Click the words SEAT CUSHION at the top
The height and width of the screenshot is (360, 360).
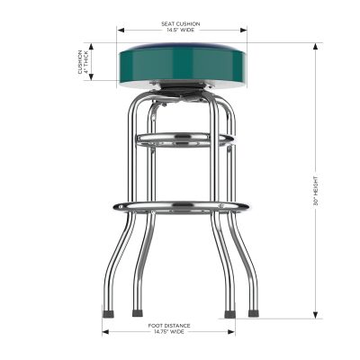(x=181, y=22)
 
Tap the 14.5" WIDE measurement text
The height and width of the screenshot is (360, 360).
(x=181, y=30)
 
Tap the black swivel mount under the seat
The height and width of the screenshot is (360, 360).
(x=181, y=90)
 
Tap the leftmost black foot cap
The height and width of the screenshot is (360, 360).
(x=108, y=314)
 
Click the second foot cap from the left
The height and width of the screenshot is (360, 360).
(x=137, y=314)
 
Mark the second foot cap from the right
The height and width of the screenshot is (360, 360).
(x=229, y=314)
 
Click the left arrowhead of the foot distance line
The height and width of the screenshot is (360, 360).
(x=105, y=329)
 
